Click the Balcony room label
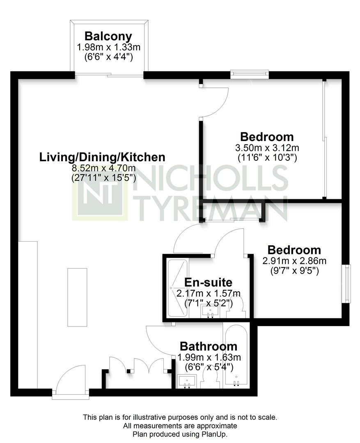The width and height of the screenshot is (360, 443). coord(108,37)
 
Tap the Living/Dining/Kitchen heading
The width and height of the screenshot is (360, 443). coord(102,157)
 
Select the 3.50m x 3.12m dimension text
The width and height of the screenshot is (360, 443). coord(267,148)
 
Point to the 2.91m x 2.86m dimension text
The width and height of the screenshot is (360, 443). coord(294,260)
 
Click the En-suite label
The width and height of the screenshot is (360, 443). coord(208,282)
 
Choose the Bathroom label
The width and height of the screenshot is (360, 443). coord(209,346)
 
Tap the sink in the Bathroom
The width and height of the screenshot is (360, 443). coord(187,381)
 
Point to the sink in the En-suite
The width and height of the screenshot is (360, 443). coord(210,312)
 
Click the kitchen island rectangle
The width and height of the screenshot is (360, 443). coord(77,297)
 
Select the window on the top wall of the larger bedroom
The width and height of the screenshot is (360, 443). coord(249,74)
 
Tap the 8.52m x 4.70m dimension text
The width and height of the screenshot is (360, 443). coord(103,168)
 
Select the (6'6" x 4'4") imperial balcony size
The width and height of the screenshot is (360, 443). coord(109,57)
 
